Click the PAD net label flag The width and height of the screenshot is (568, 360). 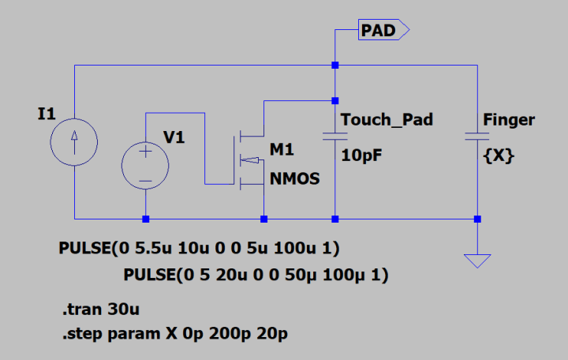(383, 30)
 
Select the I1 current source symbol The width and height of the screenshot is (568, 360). (73, 142)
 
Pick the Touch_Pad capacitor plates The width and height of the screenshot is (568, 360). (335, 136)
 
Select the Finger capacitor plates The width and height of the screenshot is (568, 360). (477, 136)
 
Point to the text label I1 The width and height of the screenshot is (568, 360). (47, 114)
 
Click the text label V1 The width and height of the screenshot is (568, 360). (174, 138)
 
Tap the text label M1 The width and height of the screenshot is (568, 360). (282, 149)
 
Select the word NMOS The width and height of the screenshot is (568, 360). (294, 178)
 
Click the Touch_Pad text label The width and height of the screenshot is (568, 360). (387, 120)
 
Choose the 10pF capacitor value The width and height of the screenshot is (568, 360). (362, 156)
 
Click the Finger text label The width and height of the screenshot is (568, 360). (509, 120)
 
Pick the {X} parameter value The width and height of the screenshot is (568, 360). (499, 156)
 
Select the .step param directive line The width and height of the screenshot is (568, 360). (174, 334)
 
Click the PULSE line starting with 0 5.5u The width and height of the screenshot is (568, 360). (199, 249)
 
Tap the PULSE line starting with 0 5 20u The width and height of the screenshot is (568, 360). (256, 276)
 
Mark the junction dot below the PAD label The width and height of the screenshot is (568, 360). (335, 65)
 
